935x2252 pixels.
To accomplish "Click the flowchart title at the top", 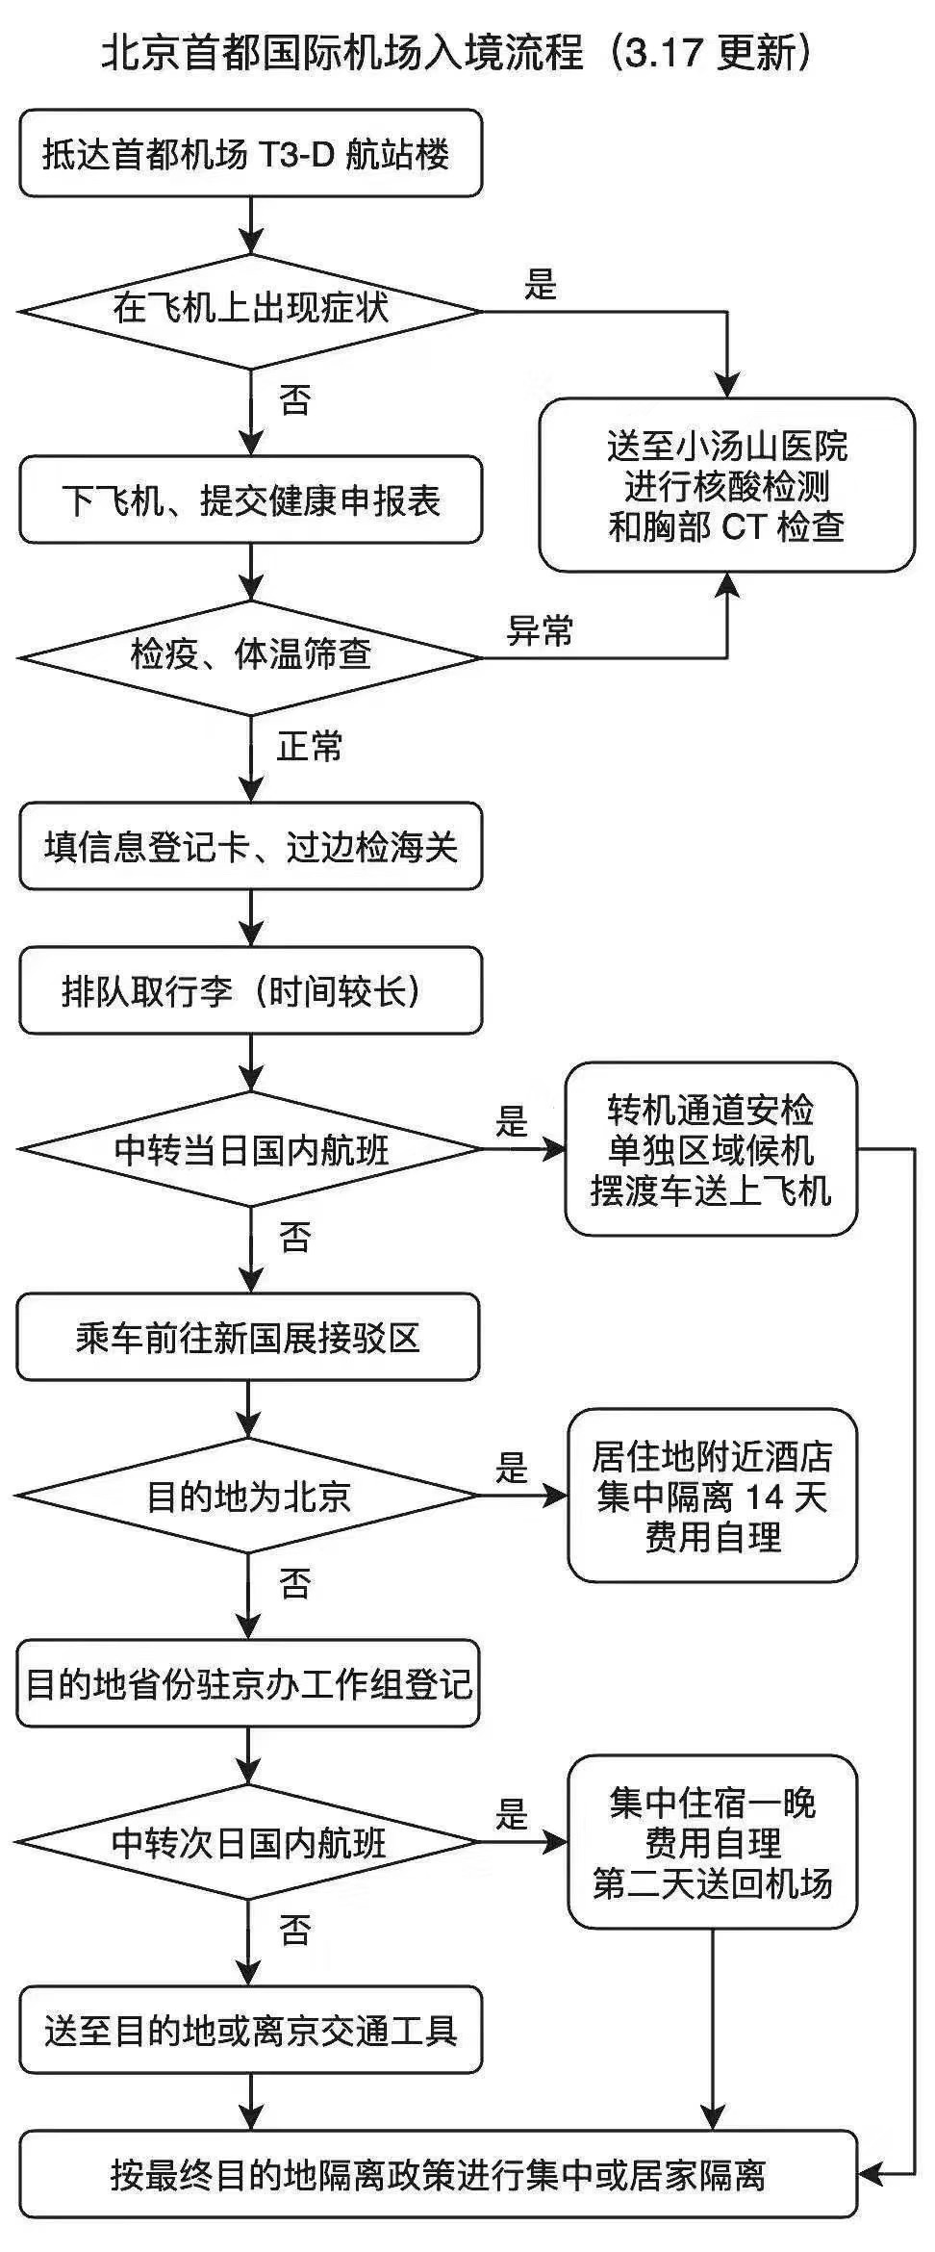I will point(456,53).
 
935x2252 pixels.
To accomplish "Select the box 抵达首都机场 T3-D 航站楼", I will point(250,154).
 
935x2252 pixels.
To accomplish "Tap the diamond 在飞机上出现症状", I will point(250,311).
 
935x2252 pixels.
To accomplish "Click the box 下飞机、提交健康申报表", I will point(250,500).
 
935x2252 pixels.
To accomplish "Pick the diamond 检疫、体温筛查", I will point(250,657).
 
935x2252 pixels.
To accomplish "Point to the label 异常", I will point(540,630).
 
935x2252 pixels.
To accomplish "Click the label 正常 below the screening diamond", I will point(310,746).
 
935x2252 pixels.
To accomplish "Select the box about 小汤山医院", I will point(726,486).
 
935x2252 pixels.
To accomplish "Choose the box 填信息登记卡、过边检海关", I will point(250,847).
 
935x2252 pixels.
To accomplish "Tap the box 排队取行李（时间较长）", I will point(250,991).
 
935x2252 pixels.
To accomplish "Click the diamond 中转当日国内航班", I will point(250,1149).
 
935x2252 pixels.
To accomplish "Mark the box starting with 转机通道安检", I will point(710,1150).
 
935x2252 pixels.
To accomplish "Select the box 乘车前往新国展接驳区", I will point(248,1338).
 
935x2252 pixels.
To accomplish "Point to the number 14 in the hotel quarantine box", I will point(765,1497).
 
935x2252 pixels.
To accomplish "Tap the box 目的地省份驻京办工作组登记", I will point(248,1684).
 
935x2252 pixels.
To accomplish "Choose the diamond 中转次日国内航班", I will point(248,1842).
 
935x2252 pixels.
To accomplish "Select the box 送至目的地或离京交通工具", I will point(250,2031).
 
